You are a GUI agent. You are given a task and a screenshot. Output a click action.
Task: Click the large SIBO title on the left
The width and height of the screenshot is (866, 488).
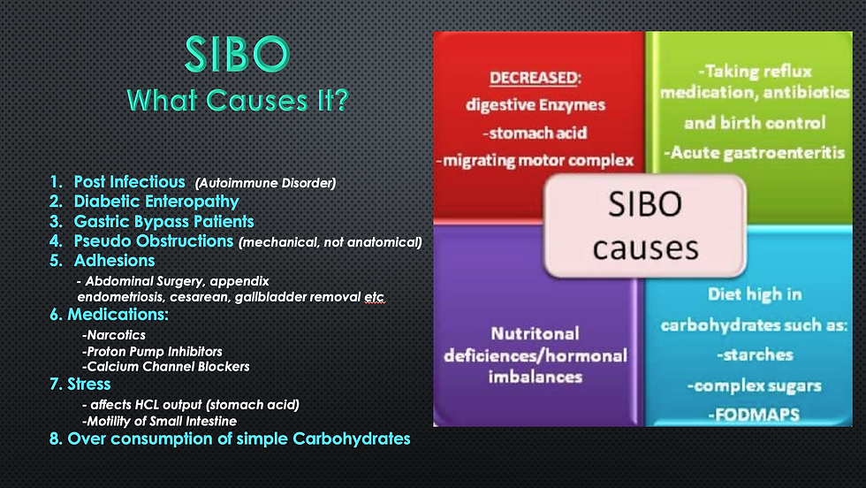pos(238,54)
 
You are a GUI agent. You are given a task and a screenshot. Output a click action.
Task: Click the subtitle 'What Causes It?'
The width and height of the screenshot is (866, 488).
pos(238,101)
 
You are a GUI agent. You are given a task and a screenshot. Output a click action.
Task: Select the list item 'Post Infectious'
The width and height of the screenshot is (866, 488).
pos(129,182)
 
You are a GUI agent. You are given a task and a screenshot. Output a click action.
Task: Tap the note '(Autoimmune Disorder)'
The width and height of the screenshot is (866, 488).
pos(265,183)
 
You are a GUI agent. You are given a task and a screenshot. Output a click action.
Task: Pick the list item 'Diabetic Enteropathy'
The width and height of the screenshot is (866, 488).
pos(156,202)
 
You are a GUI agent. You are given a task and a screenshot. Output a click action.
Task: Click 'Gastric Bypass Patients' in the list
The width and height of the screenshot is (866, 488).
pos(163,222)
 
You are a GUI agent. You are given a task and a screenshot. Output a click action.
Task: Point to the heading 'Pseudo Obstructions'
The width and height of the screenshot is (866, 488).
pos(154,241)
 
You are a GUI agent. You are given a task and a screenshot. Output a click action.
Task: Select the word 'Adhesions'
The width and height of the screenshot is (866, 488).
pos(114,260)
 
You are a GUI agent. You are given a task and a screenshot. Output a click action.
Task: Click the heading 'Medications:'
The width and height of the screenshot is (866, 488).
pos(118,315)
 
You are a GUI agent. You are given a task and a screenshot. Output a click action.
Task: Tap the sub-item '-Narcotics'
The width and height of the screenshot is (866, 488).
pos(114,335)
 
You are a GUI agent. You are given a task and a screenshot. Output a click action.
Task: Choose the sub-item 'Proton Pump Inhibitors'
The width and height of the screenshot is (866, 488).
pos(155,352)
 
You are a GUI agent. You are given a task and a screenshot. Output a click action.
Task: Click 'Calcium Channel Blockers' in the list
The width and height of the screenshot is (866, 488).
pos(168,366)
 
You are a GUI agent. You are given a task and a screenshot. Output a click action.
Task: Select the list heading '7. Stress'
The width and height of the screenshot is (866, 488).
pos(80,384)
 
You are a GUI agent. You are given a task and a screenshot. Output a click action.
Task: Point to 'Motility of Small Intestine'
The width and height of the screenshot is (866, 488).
pos(162,421)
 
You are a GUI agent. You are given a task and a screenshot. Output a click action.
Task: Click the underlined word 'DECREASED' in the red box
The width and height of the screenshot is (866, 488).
pos(534,78)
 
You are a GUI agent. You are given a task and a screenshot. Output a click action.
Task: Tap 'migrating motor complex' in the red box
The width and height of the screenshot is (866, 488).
pos(538,160)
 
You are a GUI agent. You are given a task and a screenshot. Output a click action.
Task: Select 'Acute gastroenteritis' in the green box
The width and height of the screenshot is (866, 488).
pos(757,153)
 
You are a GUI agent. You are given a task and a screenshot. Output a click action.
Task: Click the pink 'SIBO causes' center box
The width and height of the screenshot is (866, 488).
pos(645,226)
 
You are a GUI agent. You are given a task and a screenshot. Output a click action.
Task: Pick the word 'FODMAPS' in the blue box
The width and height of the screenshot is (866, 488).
pos(757,415)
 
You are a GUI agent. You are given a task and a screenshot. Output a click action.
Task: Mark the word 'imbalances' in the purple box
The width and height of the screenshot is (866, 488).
pos(536,377)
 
